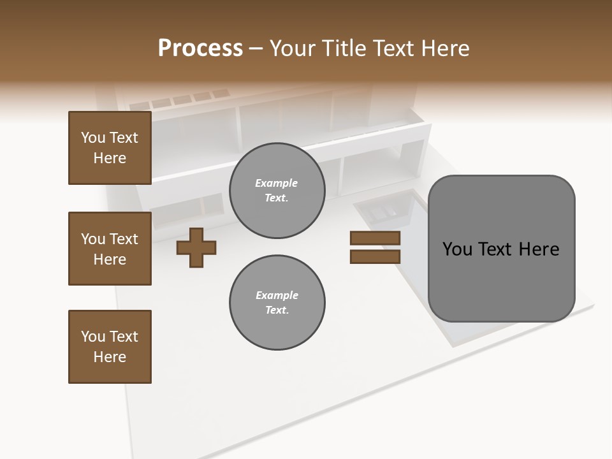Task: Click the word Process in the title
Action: pos(200,48)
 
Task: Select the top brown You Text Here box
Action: pos(110,148)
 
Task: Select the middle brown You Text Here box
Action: pos(110,249)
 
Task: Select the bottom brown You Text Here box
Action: pos(110,347)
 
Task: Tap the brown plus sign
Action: pos(196,247)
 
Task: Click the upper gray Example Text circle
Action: pos(277,191)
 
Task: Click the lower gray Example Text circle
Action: pos(277,303)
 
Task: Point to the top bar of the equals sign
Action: pos(375,238)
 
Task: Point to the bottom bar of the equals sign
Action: pos(375,257)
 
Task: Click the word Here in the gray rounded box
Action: pos(539,249)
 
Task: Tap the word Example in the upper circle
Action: pos(277,183)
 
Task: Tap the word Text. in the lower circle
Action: pos(277,310)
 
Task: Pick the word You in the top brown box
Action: pos(92,138)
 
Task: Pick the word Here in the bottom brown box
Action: pos(110,357)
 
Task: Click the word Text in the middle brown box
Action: pos(124,239)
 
